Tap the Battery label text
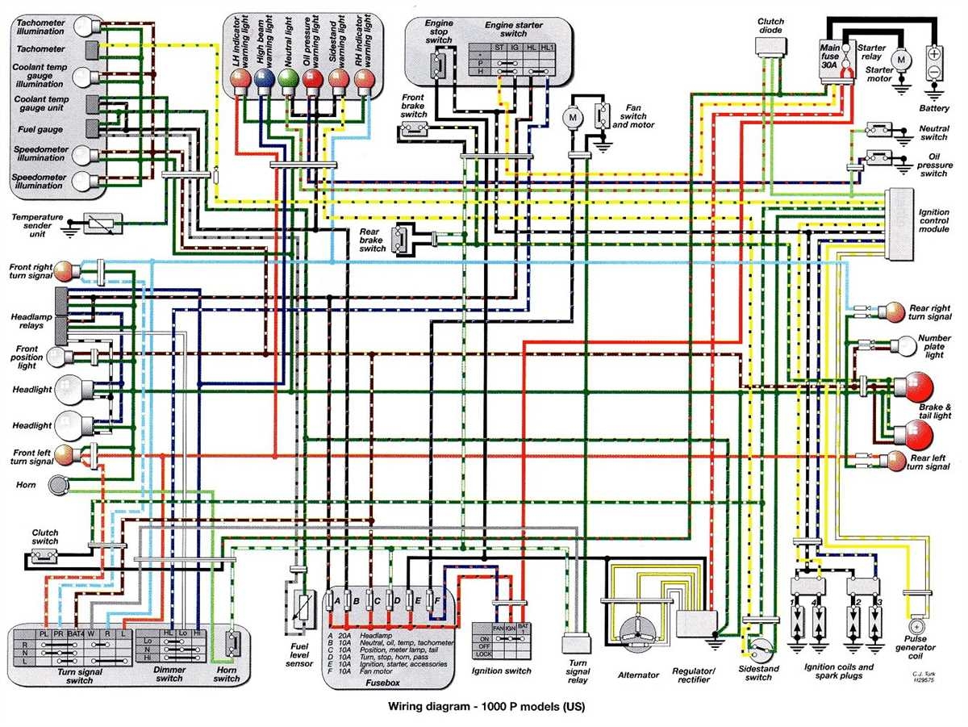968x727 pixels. point(934,108)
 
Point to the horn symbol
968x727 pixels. point(58,484)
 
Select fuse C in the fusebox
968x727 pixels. point(367,600)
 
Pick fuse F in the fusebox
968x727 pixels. point(436,600)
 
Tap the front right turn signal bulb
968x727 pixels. point(65,271)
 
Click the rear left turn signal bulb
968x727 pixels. point(895,462)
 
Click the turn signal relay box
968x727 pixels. point(576,644)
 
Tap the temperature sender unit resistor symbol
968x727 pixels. point(102,223)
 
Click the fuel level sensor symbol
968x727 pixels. point(302,607)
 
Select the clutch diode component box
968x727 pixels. point(770,47)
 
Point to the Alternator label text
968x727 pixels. point(638,675)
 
